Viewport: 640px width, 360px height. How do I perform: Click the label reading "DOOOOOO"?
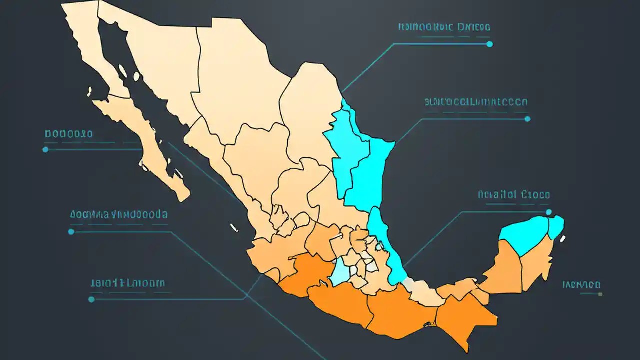coord(68,134)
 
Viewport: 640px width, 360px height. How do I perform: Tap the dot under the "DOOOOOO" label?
coord(45,149)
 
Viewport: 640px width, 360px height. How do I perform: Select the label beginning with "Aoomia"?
coord(118,214)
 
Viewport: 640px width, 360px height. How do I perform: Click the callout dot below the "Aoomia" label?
coord(71,232)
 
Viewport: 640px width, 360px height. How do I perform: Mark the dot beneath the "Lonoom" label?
coord(91,299)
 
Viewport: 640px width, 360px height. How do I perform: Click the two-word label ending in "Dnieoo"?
coord(444,27)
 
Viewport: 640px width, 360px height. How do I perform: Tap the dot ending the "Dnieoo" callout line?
coord(489,44)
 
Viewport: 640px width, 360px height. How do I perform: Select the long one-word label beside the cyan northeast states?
coord(475,102)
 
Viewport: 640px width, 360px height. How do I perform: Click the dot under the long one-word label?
coord(527,119)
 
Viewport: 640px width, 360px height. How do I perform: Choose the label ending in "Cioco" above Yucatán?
coord(513,194)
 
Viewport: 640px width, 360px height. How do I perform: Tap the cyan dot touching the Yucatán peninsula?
coord(548,212)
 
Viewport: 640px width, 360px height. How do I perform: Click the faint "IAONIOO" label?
coord(581,285)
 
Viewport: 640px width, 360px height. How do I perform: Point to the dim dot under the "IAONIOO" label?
coord(600,294)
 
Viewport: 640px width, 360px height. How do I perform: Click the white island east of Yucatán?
coord(563,239)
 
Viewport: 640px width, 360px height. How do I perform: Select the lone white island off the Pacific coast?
coord(233,228)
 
